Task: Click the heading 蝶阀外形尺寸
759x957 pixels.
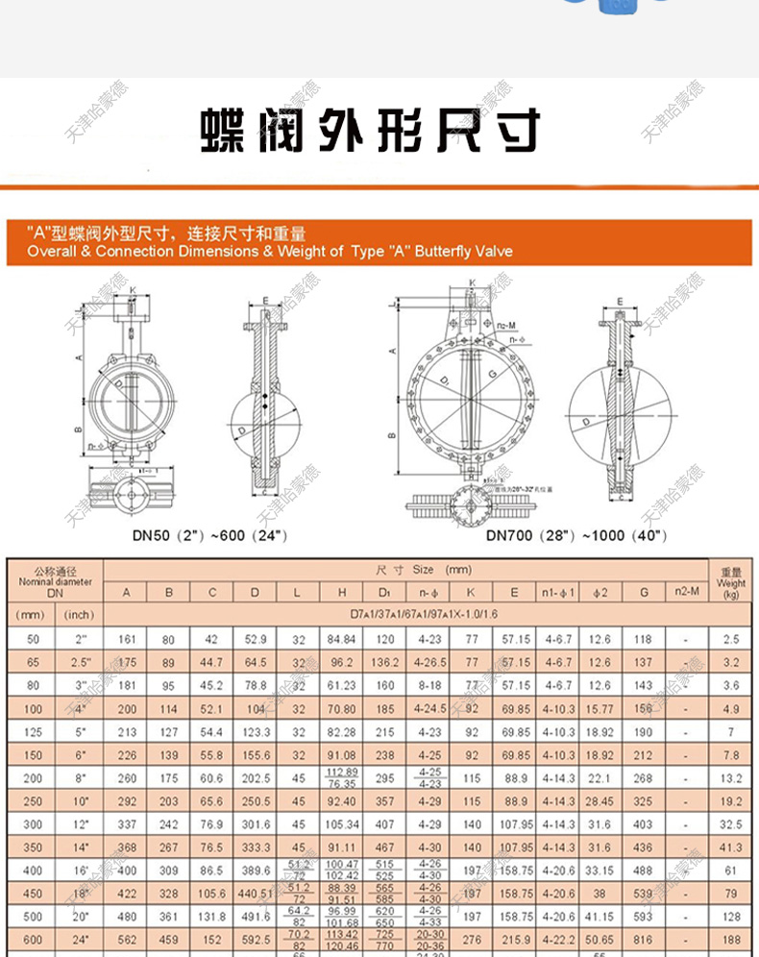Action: (x=370, y=132)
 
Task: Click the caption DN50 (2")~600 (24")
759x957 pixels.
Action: (x=209, y=535)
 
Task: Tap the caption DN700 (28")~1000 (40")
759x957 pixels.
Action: (x=575, y=535)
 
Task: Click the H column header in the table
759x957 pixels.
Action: (x=341, y=593)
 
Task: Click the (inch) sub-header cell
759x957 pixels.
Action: (x=79, y=614)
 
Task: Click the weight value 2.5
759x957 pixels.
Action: (x=731, y=639)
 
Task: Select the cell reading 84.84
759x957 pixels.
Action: (x=341, y=639)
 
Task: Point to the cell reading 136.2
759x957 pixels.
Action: (x=385, y=662)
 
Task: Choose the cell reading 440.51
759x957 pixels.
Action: (x=255, y=894)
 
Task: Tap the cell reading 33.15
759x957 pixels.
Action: (x=599, y=871)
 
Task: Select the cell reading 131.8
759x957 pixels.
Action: (x=212, y=917)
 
